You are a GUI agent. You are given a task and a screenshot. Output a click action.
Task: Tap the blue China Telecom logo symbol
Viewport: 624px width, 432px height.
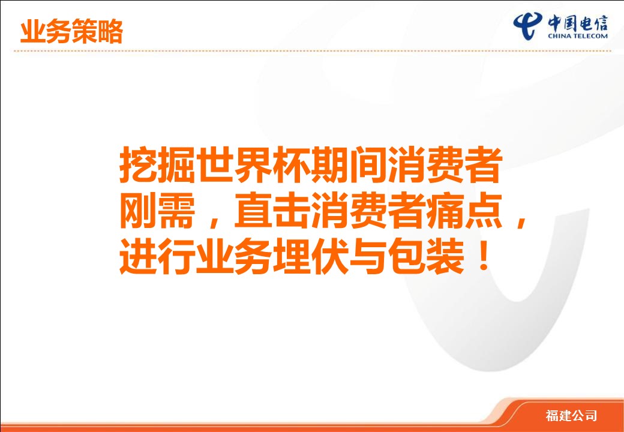coord(527,25)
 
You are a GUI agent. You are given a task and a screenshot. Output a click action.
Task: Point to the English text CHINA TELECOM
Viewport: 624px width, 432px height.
coord(577,36)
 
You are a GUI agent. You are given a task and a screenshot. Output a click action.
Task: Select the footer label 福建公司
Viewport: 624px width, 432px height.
coord(571,416)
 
